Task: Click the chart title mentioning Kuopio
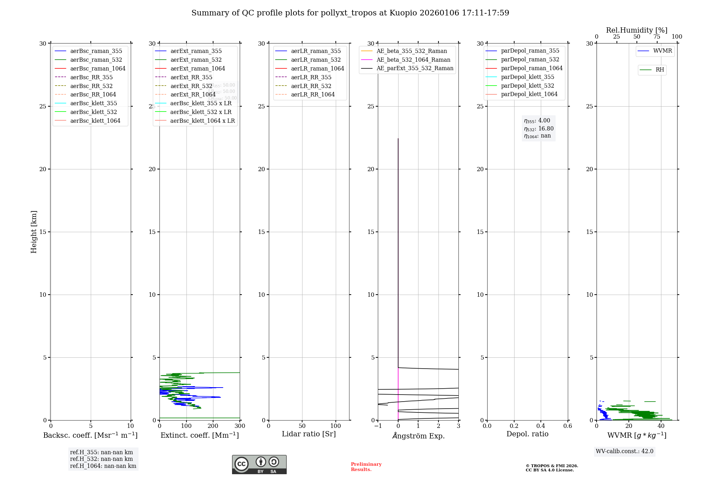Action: click(x=350, y=13)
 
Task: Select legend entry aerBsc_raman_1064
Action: click(x=97, y=68)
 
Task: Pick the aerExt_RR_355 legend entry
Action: click(x=191, y=77)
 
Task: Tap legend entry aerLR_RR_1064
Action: click(x=313, y=94)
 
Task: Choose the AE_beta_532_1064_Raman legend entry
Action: click(x=413, y=60)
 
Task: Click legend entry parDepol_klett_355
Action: click(x=528, y=77)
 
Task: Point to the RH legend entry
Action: click(x=660, y=70)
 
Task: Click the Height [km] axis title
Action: click(x=34, y=231)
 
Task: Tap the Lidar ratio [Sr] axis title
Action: click(x=309, y=434)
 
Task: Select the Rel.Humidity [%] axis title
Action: click(x=637, y=30)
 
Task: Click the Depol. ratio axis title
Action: click(x=527, y=434)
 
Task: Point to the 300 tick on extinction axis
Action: click(x=240, y=426)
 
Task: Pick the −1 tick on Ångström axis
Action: click(x=378, y=426)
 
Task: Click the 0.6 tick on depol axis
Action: click(x=567, y=426)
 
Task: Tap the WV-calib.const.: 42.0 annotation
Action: click(x=625, y=451)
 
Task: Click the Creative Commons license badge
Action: click(x=259, y=464)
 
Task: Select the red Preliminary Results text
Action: click(x=366, y=466)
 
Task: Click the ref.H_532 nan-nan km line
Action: click(x=101, y=459)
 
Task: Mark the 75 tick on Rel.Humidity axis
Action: click(x=656, y=37)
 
